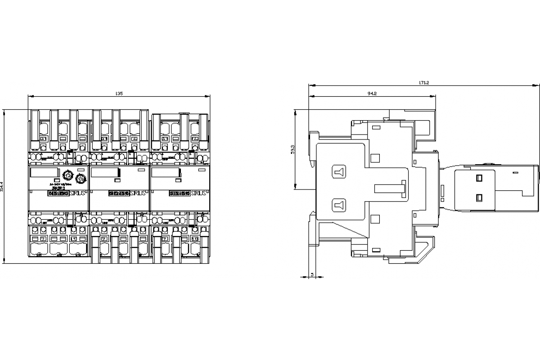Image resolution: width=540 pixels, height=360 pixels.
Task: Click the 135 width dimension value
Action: tap(119, 93)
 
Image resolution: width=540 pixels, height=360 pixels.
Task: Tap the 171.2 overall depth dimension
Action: tap(424, 82)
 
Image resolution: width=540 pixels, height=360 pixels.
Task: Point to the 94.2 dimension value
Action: tap(372, 94)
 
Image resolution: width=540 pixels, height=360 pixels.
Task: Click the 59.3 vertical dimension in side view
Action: tap(292, 150)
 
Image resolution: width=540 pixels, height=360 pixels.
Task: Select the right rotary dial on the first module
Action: tap(81, 179)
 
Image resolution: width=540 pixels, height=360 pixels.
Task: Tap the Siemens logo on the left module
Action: tap(58, 193)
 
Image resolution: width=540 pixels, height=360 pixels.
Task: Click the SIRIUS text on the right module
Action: tap(198, 193)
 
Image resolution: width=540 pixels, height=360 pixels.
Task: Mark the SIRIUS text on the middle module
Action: tap(138, 193)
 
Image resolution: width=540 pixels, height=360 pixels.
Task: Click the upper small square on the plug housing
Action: tap(479, 177)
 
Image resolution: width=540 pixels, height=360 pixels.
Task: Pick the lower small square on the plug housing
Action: tap(479, 197)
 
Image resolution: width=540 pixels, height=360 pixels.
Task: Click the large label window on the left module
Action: tap(44, 173)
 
